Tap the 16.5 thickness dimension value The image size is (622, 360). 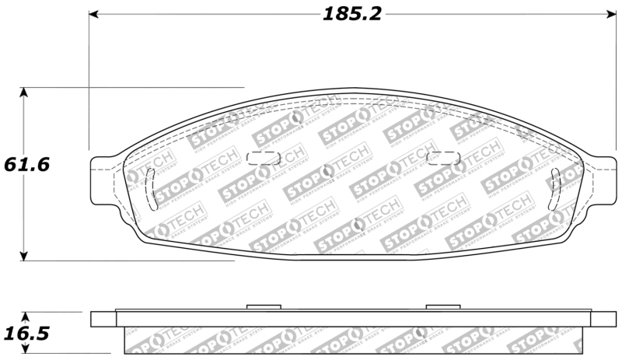point(26,334)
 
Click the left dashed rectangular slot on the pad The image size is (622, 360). point(263,158)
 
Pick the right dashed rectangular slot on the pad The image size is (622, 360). point(445,158)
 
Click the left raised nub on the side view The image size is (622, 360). point(263,308)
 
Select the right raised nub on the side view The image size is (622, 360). point(445,308)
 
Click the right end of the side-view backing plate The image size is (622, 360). point(603,319)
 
